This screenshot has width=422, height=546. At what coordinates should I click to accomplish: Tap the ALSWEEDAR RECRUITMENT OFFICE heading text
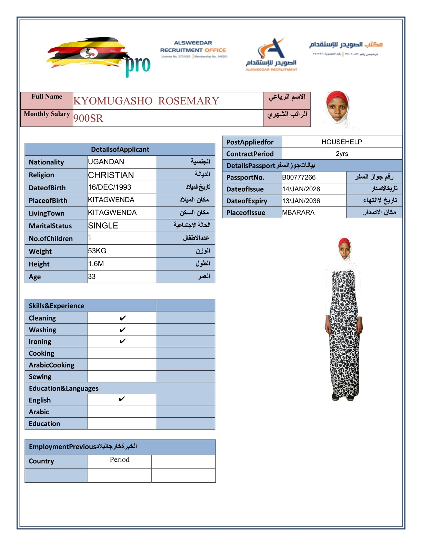[193, 47]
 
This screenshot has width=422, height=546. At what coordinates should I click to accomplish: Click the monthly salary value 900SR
[88, 118]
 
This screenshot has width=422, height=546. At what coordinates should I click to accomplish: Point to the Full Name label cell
[47, 97]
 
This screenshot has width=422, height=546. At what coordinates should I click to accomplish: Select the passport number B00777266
[299, 178]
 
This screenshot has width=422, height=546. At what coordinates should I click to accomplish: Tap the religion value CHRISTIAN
[111, 175]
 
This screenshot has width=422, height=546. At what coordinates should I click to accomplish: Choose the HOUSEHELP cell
[342, 142]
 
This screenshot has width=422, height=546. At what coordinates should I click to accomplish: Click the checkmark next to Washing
[122, 330]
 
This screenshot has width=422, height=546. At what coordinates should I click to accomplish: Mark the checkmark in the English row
[122, 399]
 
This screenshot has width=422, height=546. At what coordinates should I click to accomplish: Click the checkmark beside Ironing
[122, 341]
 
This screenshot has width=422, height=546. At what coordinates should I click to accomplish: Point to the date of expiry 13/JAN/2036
[301, 201]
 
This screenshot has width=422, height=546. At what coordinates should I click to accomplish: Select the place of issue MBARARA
[298, 213]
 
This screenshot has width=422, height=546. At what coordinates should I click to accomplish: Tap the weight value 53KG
[97, 251]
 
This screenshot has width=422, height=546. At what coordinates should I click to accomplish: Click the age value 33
[92, 277]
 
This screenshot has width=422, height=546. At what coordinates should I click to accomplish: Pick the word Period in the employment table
[120, 460]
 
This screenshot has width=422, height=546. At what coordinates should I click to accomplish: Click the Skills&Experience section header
[57, 306]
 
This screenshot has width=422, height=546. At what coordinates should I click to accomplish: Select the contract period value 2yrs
[342, 154]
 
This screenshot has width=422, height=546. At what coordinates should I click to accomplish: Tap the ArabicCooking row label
[52, 365]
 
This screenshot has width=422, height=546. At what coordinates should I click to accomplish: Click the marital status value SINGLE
[103, 226]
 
